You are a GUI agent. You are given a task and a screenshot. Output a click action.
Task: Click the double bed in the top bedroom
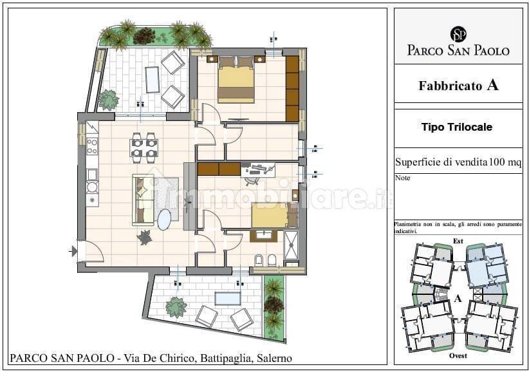pos(236,82)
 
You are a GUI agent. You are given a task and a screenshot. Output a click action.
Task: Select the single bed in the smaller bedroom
pos(270,215)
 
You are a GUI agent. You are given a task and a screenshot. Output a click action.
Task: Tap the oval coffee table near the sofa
pos(165,220)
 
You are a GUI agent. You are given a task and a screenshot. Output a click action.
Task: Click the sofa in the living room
pos(143,200)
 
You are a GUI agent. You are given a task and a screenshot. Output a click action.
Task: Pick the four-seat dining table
pos(144,147)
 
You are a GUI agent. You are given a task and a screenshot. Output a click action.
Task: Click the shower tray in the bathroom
pos(291,245)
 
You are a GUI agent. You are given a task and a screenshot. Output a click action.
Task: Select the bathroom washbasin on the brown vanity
pos(263,235)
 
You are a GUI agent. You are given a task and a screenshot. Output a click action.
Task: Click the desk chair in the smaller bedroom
pos(252,180)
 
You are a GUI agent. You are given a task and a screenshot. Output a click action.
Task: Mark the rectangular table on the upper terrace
pos(153,79)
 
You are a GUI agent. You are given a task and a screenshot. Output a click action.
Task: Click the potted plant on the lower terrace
pos(176,307)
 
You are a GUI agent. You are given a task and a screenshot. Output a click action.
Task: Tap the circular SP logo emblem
pos(458,34)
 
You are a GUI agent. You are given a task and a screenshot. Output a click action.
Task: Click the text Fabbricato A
pos(458,85)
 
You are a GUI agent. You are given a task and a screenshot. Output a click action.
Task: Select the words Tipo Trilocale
pos(457,127)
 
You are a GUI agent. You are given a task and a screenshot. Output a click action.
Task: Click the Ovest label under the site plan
pos(458,355)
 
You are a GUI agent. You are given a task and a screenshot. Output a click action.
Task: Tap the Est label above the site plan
pos(458,241)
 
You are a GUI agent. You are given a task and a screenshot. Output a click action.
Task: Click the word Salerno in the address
pos(273,358)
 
